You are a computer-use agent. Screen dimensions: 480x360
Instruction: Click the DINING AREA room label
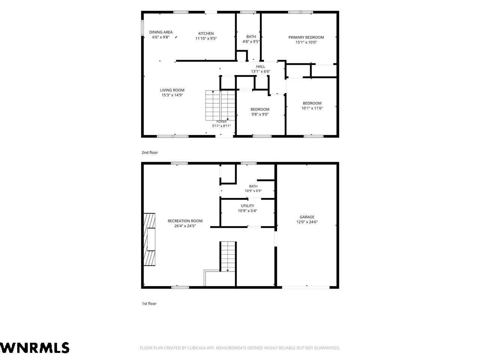click(x=161, y=32)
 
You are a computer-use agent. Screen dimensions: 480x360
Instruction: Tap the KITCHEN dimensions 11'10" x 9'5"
click(x=206, y=39)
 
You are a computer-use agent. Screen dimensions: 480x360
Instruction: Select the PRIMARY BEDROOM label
click(x=306, y=37)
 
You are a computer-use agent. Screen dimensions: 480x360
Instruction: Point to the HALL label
click(x=261, y=66)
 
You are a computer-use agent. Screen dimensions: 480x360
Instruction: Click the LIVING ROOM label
click(x=172, y=90)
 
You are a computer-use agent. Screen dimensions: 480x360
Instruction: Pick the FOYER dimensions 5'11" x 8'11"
click(x=221, y=126)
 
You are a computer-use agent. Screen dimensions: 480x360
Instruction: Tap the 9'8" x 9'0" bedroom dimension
click(x=260, y=114)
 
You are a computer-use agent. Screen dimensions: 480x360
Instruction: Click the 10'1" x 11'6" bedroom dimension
click(x=312, y=108)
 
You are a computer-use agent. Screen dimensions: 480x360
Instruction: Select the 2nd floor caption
click(x=150, y=153)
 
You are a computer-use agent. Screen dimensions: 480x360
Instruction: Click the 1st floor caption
click(x=149, y=303)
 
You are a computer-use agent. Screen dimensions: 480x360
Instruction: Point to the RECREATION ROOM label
click(x=185, y=221)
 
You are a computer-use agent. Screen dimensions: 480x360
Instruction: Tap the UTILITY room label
click(x=247, y=205)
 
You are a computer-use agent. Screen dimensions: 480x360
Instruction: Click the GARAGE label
click(x=307, y=217)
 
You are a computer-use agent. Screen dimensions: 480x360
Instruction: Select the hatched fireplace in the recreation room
click(x=149, y=239)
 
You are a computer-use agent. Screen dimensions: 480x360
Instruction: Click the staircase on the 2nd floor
click(x=220, y=105)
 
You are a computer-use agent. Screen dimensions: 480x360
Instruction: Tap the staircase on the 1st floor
click(x=228, y=256)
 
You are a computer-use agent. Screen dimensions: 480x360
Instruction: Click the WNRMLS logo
click(x=34, y=348)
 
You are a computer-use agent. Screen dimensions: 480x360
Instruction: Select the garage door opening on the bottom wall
click(x=306, y=287)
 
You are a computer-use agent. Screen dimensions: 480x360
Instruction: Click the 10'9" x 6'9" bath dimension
click(x=253, y=191)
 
